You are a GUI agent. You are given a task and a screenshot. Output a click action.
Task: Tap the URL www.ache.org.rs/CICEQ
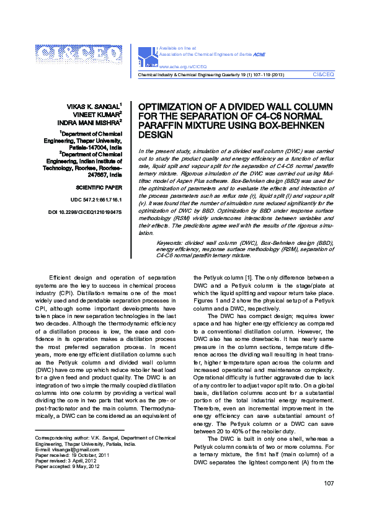183,65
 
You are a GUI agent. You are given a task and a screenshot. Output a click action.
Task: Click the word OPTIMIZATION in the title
171,107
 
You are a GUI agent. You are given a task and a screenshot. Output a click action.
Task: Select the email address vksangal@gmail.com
65,449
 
